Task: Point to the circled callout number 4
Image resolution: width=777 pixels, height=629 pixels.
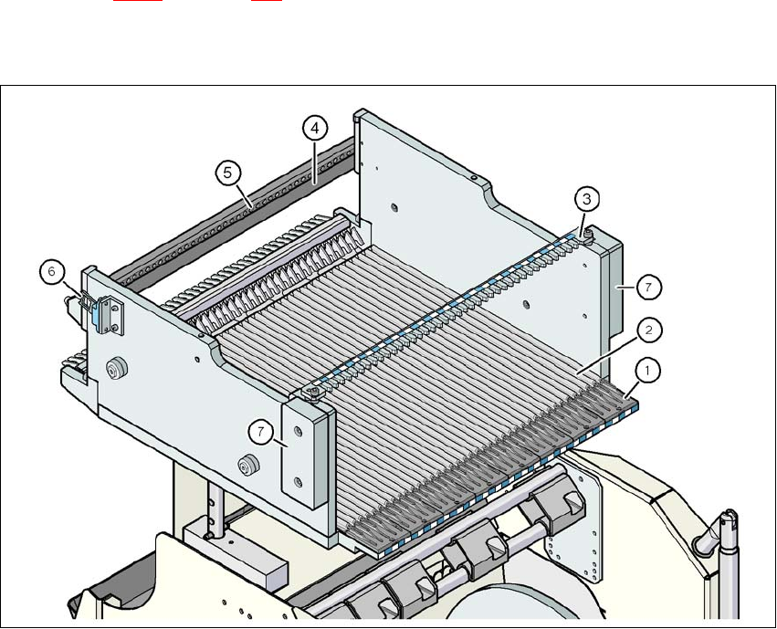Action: (x=313, y=130)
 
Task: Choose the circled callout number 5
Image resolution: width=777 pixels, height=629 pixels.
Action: (x=226, y=171)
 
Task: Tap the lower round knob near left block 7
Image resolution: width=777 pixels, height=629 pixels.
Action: (x=244, y=467)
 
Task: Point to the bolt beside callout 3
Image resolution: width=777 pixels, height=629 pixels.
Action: (x=588, y=236)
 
